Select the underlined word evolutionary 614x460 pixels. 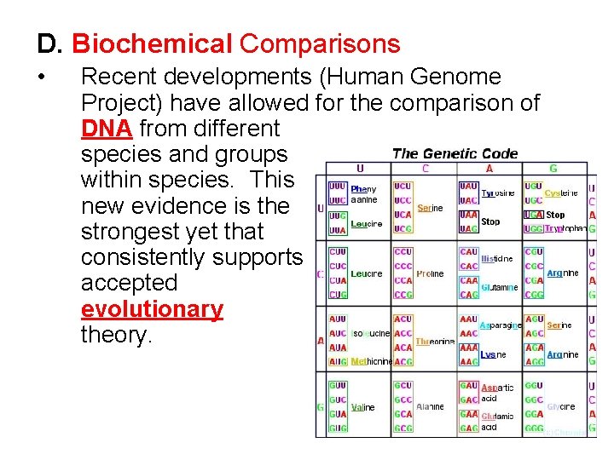point(152,308)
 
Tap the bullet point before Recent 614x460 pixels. point(42,78)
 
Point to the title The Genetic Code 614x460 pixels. point(455,153)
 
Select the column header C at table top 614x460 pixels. point(424,169)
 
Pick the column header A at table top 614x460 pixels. point(489,169)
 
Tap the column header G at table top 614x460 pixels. point(553,169)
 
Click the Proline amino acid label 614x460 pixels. point(430,274)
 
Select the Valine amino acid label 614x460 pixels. point(363,407)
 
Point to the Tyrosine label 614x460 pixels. point(498,193)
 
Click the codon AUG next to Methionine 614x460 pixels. point(338,361)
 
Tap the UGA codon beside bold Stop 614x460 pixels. point(534,215)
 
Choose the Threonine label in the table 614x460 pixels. point(435,342)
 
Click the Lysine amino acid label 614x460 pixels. point(488,354)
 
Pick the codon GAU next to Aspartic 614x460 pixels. point(469,386)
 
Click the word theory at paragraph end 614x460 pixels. point(116,335)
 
